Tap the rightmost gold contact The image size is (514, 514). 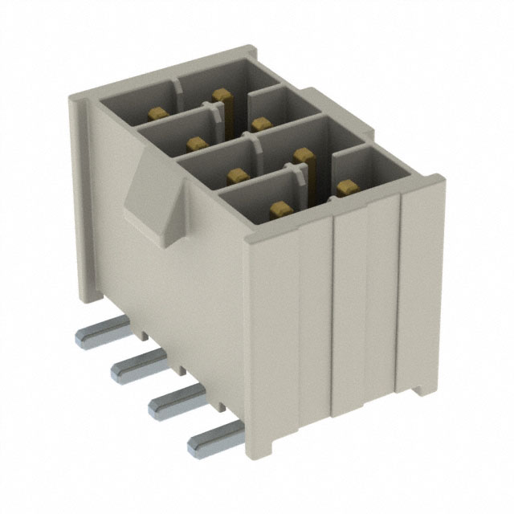346,187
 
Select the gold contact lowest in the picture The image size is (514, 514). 279,210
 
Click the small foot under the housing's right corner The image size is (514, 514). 419,389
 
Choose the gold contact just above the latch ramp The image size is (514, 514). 195,143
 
